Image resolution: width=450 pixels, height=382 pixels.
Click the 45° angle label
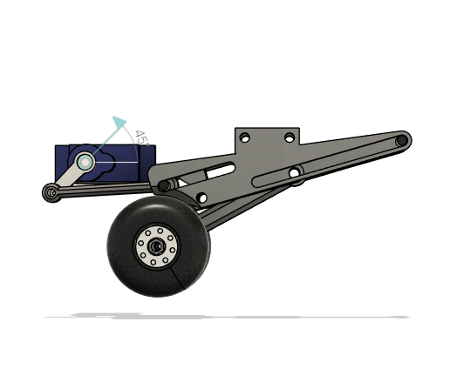[139, 137]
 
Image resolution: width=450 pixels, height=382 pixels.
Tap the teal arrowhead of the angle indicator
[120, 123]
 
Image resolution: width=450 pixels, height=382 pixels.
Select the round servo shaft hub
[85, 162]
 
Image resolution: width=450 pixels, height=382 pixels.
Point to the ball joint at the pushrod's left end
[51, 192]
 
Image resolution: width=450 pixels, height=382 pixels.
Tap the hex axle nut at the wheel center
[157, 246]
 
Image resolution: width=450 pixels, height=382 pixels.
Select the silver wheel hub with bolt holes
[157, 246]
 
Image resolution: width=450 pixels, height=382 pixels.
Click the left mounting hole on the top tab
[245, 138]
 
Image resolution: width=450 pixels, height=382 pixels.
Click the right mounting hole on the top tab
[290, 137]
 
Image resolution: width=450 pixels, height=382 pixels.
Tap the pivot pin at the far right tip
[401, 139]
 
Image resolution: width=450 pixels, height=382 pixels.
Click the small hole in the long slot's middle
[297, 171]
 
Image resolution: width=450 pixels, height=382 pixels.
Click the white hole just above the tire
[202, 198]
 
